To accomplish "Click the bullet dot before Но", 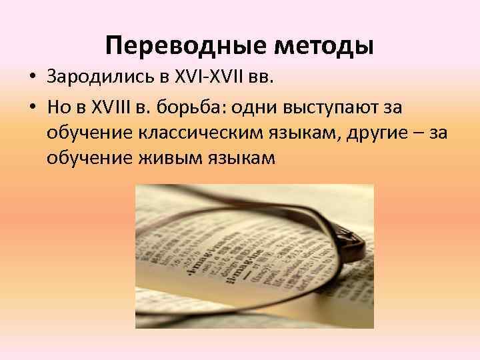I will coord(31,107).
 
